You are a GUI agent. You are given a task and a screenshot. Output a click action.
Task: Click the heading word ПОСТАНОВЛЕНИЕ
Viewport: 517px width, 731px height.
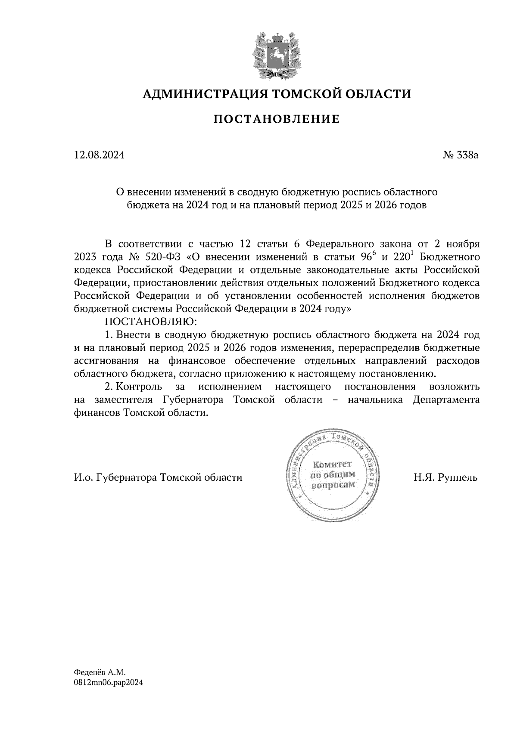click(x=276, y=119)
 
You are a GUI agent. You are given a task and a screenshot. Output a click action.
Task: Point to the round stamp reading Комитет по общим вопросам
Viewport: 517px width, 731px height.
click(x=333, y=476)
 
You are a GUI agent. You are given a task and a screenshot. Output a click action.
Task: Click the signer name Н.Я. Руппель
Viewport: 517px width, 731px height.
click(x=446, y=477)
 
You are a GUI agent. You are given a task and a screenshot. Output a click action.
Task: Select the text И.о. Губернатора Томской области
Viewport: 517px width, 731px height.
click(x=158, y=477)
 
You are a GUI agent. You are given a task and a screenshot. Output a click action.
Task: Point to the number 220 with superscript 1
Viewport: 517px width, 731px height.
click(x=402, y=257)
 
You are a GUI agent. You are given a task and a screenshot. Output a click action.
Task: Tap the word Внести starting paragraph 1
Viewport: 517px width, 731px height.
click(x=132, y=335)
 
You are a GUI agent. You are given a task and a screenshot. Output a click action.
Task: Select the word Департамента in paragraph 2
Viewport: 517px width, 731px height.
click(x=446, y=400)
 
